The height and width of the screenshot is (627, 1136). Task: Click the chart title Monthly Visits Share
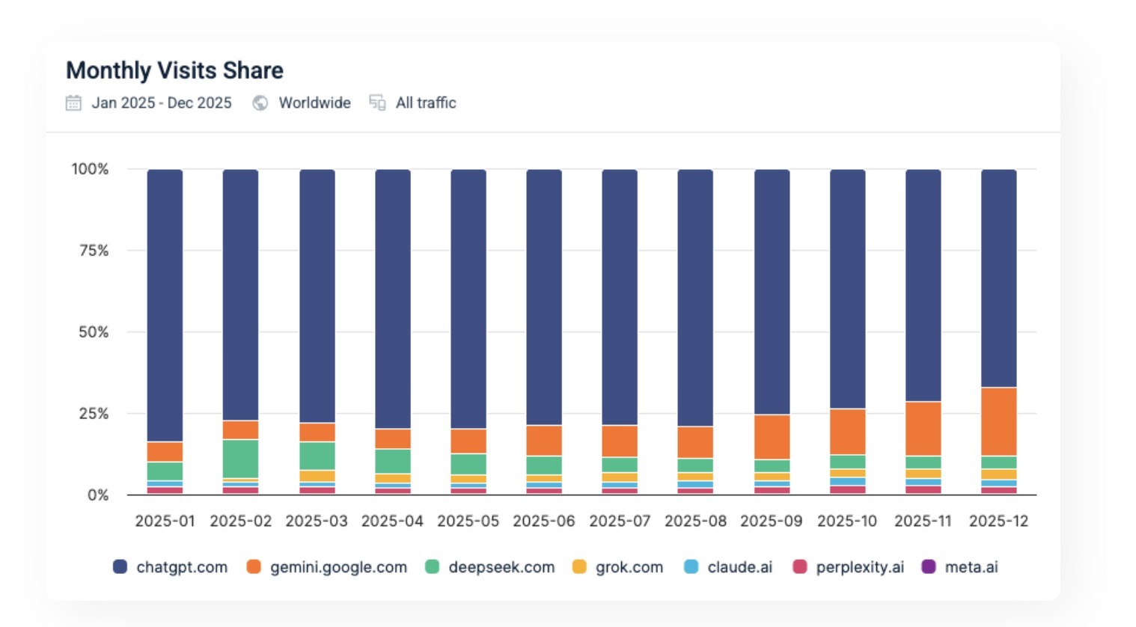coord(174,70)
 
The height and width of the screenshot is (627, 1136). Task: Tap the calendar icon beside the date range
coord(73,103)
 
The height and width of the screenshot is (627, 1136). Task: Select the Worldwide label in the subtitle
coord(314,103)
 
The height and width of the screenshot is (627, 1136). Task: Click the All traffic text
coord(426,103)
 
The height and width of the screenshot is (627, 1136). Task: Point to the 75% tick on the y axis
coord(94,251)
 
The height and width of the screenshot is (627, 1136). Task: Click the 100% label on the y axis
coord(90,169)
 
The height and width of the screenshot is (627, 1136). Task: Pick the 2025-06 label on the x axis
coord(543,522)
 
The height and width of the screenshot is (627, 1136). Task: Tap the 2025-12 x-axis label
coord(998,522)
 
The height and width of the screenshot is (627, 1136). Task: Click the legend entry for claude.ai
coord(739,567)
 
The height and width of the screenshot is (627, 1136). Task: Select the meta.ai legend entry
coord(971,567)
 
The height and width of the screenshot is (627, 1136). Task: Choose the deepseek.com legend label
coord(501,567)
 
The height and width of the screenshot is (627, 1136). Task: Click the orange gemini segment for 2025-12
coord(998,421)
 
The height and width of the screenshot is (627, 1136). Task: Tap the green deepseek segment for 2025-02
coord(240,459)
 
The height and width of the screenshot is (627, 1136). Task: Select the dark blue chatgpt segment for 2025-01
coord(165,305)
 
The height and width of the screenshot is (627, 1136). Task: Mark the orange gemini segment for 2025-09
coord(772,437)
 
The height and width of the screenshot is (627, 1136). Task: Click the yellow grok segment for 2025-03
coord(317,476)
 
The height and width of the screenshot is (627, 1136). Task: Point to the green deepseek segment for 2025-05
coord(468,464)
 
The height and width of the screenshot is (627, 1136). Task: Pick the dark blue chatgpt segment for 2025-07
coord(620,297)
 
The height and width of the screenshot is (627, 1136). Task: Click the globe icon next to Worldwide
coord(260,103)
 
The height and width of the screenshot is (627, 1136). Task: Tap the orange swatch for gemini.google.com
coord(254,567)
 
